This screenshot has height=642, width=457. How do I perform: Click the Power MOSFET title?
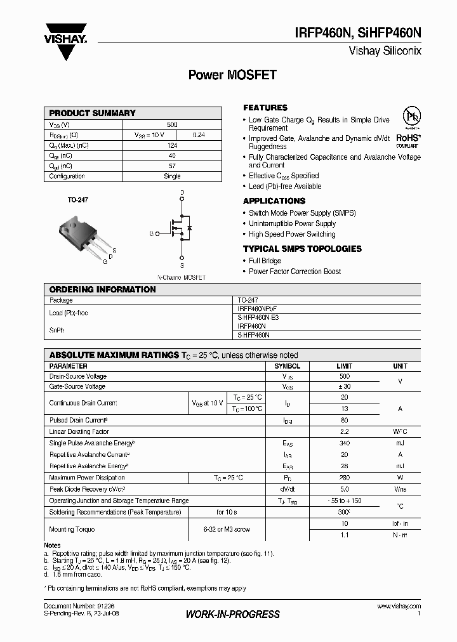tap(232, 75)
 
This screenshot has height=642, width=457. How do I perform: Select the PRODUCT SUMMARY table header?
tap(93, 113)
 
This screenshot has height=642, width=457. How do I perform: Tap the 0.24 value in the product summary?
tap(198, 135)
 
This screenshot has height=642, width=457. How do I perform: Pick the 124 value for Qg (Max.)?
tap(172, 146)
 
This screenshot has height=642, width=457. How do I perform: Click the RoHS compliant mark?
tap(409, 129)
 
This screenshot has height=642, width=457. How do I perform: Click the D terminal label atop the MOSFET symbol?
tap(182, 192)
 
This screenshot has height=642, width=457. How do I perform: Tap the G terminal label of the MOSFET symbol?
tap(152, 234)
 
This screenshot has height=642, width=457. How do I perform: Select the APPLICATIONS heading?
tap(274, 201)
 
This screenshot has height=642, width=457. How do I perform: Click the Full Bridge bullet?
tap(265, 261)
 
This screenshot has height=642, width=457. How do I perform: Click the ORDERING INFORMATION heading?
tap(102, 289)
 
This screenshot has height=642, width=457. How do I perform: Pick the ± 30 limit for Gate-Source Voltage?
tap(345, 386)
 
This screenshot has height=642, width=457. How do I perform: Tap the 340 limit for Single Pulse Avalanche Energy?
tap(345, 443)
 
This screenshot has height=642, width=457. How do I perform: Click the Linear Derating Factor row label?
tap(79, 431)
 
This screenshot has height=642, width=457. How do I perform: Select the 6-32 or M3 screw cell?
tap(226, 528)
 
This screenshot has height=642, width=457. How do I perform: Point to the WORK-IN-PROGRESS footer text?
tap(232, 614)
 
